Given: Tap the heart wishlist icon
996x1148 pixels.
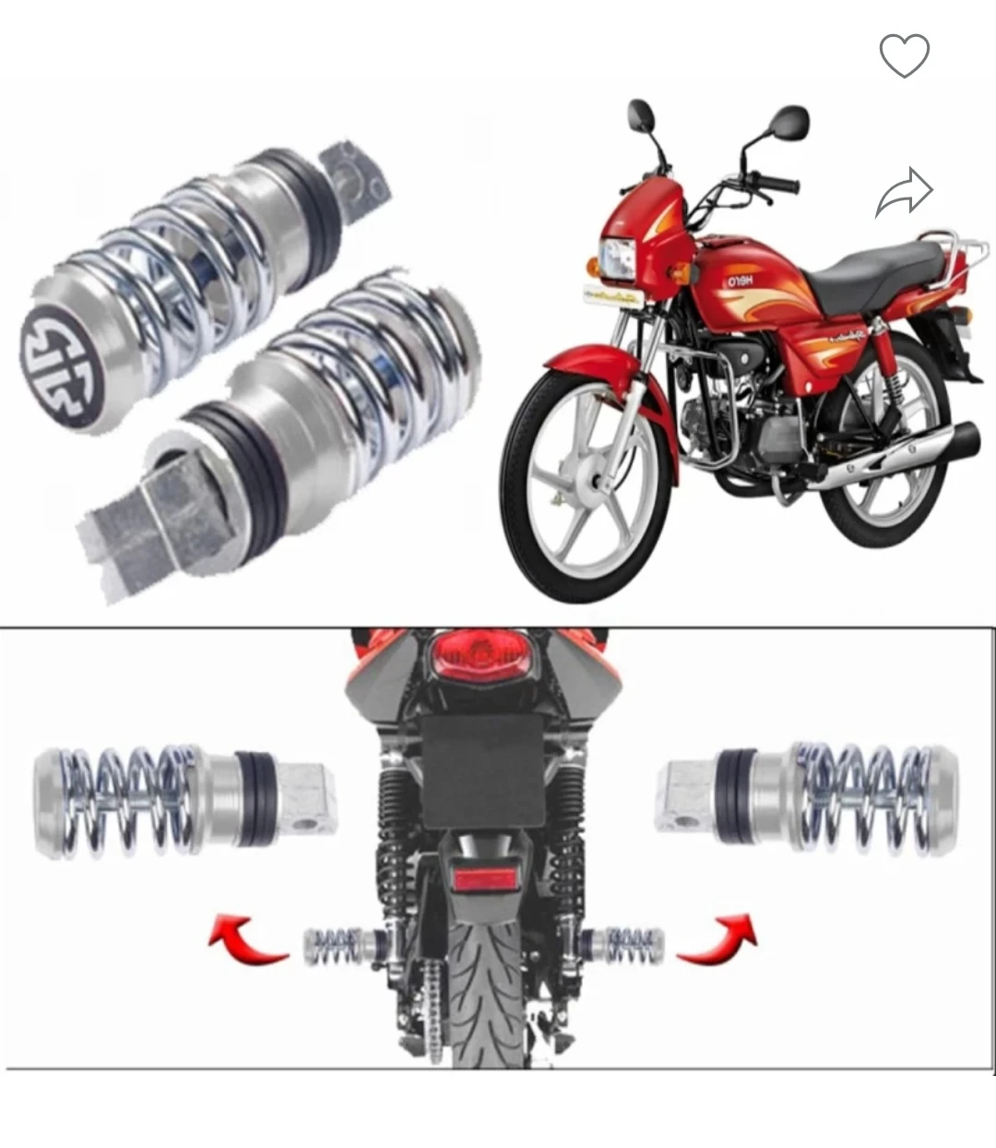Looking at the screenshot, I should tap(904, 55).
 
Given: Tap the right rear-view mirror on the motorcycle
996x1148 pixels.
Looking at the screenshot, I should tap(789, 122).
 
